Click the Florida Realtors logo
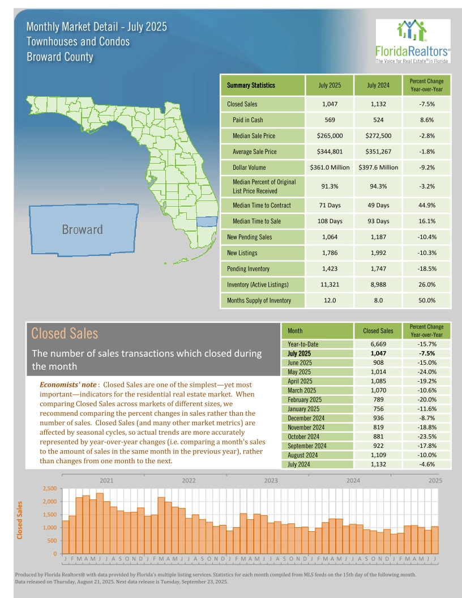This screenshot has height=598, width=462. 412,40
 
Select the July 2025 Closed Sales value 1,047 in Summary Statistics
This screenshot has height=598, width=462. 330,104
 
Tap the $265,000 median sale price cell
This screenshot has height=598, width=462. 330,136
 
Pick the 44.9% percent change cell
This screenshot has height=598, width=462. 426,205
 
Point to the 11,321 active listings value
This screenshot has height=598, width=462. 330,284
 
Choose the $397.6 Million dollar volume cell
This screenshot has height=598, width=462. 378,168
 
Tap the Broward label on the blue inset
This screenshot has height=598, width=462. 82,230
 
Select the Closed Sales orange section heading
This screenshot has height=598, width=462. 65,333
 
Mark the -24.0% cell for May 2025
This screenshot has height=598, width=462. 426,371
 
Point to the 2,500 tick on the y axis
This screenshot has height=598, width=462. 50,489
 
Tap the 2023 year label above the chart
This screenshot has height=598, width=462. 271,480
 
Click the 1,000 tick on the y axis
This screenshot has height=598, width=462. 50,528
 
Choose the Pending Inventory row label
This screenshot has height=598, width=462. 249,268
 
